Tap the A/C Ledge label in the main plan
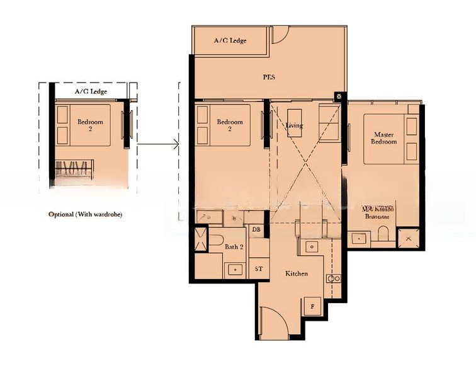(x=230, y=41)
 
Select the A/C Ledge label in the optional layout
(x=91, y=92)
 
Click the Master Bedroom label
(x=384, y=138)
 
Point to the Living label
(x=294, y=125)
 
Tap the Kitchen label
(x=297, y=273)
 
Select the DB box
(x=256, y=230)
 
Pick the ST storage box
(x=258, y=269)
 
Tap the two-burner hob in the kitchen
(x=334, y=278)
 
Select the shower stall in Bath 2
(x=200, y=239)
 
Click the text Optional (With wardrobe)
(x=85, y=214)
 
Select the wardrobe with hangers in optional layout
(x=75, y=169)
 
